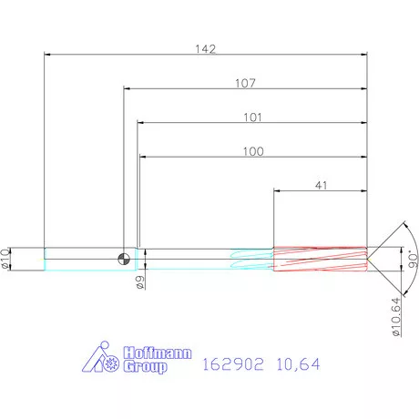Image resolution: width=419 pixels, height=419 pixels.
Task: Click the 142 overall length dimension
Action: coord(206,49)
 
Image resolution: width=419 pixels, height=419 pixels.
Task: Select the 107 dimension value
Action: coord(245,83)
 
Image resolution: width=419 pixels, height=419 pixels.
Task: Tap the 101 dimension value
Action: coord(252,117)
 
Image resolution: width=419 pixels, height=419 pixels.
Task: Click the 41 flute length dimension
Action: coord(321,185)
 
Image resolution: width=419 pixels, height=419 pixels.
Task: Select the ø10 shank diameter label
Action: coord(6,259)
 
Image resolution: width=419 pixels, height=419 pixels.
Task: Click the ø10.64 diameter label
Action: coord(395,316)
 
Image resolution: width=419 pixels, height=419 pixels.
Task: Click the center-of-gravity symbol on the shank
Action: coord(123,259)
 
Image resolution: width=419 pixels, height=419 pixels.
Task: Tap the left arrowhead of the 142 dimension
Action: coord(47,56)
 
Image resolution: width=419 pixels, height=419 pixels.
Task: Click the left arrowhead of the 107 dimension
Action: coord(127,89)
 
